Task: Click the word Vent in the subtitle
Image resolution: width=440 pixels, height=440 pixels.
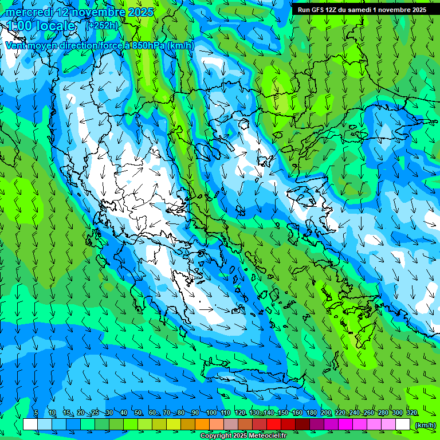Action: (15, 45)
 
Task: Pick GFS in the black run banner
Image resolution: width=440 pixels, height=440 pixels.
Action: (318, 10)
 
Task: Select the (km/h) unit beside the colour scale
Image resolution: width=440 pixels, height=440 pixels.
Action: (425, 425)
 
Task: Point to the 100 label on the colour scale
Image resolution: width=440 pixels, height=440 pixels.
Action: (211, 413)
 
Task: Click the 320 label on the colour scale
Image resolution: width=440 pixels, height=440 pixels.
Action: (411, 413)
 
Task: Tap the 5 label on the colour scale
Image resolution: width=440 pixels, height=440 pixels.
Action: (36, 413)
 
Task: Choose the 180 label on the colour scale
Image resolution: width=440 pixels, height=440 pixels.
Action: (311, 413)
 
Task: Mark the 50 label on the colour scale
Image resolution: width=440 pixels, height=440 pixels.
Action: (138, 413)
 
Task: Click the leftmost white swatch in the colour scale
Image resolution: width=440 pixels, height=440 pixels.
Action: (30, 425)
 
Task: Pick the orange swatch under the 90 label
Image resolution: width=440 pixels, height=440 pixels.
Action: (202, 425)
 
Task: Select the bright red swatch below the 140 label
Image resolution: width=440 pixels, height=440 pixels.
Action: (274, 425)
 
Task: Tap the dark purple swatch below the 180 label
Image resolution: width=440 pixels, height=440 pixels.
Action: (317, 425)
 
